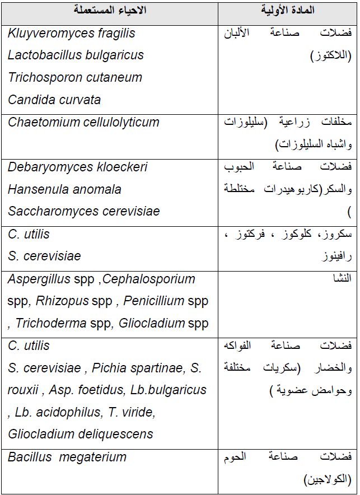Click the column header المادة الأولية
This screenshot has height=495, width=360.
coord(288,10)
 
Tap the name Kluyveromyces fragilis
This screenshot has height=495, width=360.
coord(72,33)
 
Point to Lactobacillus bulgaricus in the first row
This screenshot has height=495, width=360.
coord(76,55)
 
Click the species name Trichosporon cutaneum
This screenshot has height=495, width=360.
coord(75,77)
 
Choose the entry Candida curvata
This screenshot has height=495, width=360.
coord(54,100)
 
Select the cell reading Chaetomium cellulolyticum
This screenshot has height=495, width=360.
coord(83,122)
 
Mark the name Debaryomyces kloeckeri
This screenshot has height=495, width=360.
coord(77,167)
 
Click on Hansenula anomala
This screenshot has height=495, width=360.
coord(64,189)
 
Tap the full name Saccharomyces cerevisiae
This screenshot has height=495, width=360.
coord(83,211)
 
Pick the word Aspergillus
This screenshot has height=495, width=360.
coord(39,278)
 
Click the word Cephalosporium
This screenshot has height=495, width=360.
coord(149,278)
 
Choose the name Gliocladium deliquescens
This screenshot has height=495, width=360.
coord(81,434)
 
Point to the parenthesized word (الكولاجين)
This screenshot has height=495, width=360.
coord(328,479)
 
